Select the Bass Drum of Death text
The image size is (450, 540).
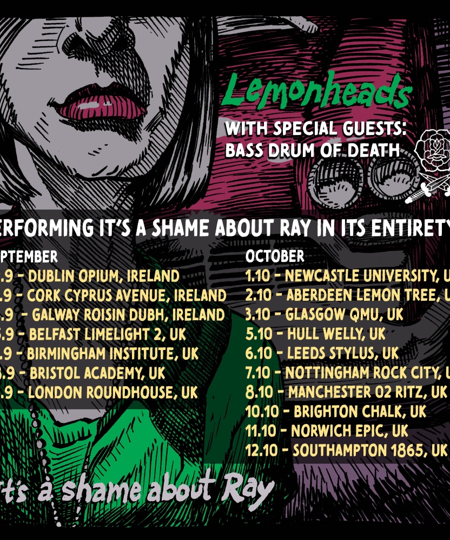(312, 150)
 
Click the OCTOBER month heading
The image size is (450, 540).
(275, 255)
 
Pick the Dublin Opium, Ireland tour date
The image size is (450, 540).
(92, 276)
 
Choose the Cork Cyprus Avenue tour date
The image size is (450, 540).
(114, 296)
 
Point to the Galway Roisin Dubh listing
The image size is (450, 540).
(114, 315)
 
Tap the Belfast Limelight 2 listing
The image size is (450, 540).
(95, 334)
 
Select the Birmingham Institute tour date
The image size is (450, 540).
(100, 354)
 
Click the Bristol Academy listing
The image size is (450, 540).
(84, 373)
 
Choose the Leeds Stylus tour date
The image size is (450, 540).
(322, 353)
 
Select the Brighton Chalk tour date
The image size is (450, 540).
(335, 411)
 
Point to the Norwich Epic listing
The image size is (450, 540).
(327, 431)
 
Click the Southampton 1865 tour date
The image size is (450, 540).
(346, 450)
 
